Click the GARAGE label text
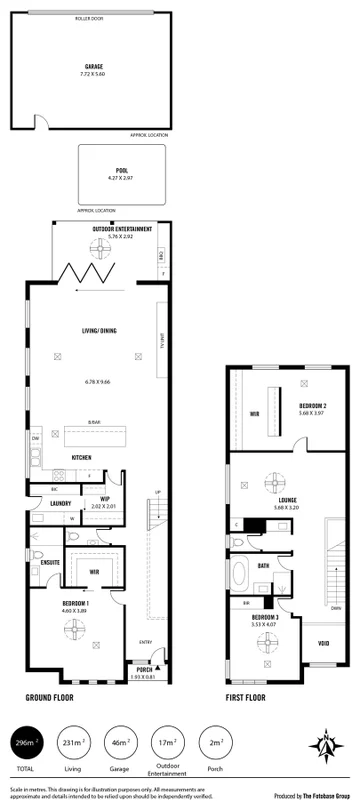tap(94, 67)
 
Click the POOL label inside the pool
tap(121, 171)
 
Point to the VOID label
tap(323, 643)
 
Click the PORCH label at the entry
tap(143, 671)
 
